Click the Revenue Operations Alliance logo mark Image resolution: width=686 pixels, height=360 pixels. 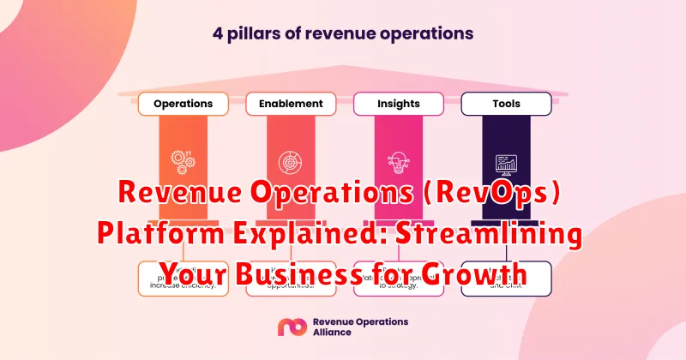pos(287,327)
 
